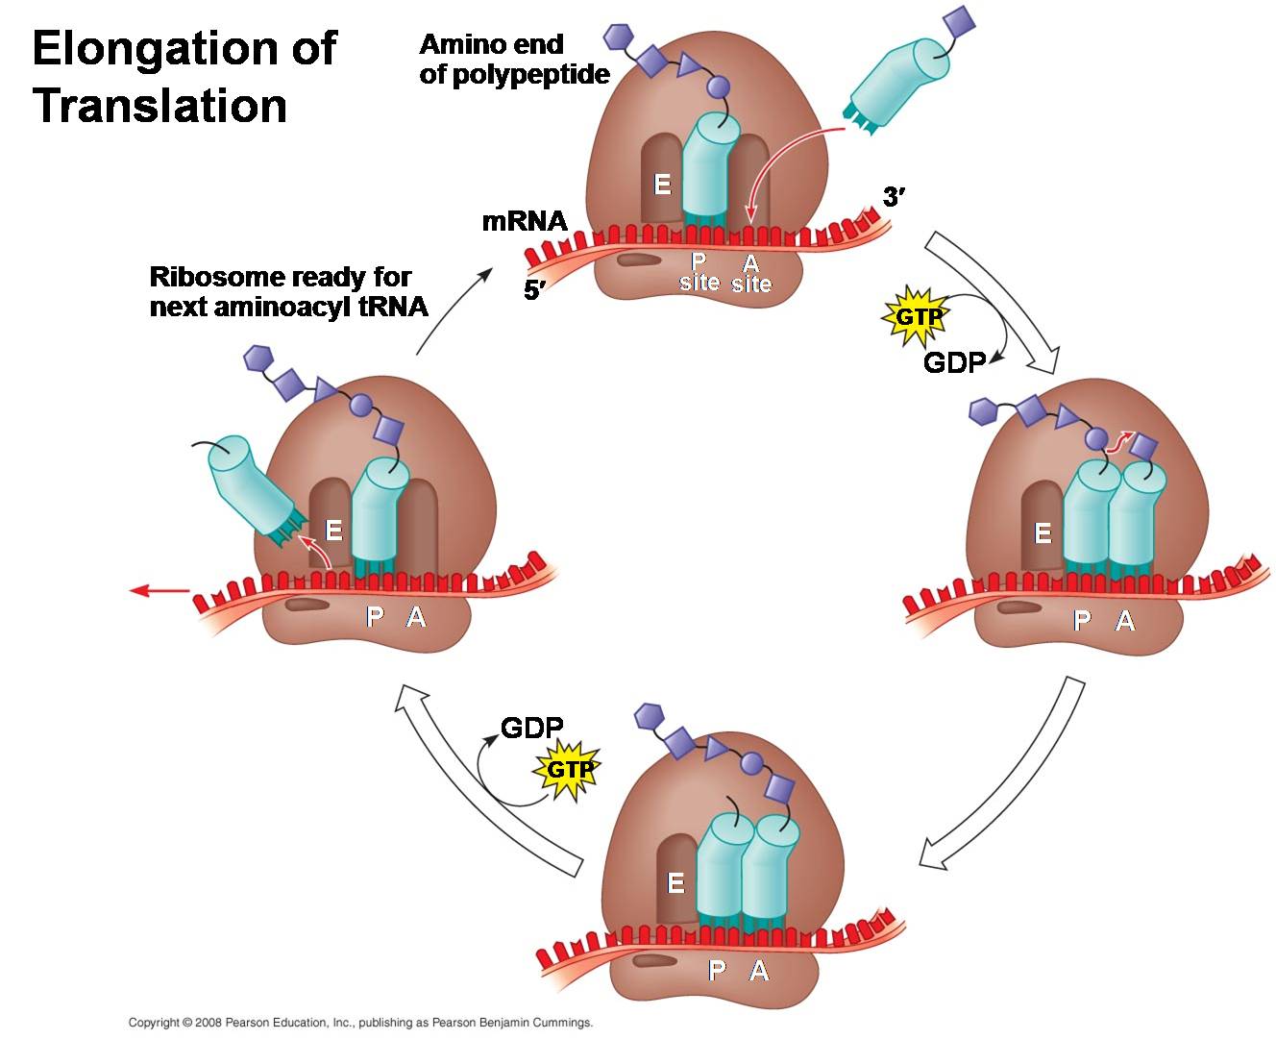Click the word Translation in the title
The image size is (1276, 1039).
click(159, 106)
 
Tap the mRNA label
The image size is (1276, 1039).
click(525, 221)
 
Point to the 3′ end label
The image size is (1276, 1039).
click(894, 197)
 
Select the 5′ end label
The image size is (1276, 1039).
click(534, 290)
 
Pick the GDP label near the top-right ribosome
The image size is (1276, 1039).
click(954, 362)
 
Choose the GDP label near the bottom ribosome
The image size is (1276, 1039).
click(531, 728)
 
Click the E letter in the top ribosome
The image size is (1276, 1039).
click(662, 184)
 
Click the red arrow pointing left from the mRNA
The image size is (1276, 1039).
click(159, 589)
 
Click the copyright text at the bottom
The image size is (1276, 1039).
click(360, 1023)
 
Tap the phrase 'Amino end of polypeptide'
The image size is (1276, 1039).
click(514, 60)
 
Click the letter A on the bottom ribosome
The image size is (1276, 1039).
click(759, 971)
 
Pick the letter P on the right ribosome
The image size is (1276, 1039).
click(1083, 620)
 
